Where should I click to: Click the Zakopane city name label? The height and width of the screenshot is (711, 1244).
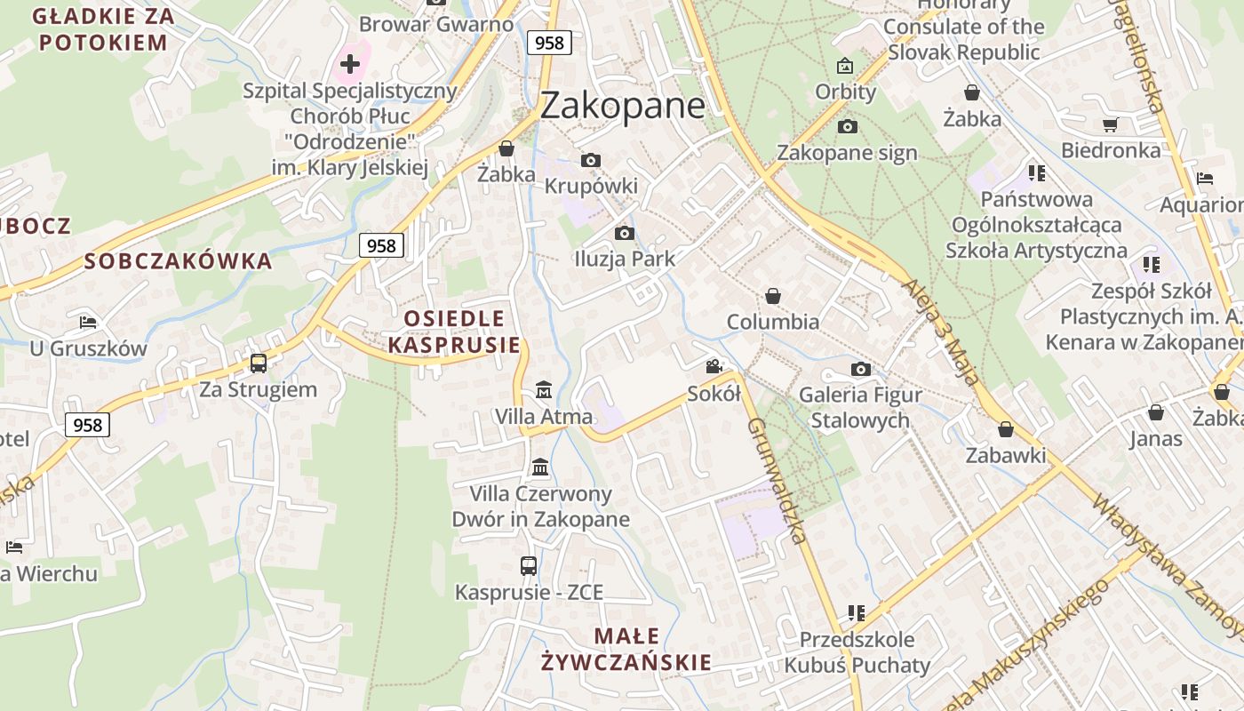[x=622, y=105]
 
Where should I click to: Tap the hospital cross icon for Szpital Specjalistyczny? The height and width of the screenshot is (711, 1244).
[x=350, y=64]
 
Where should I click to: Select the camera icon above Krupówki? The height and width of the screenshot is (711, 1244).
[x=590, y=161]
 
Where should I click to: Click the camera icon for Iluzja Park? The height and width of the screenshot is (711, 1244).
[x=625, y=234]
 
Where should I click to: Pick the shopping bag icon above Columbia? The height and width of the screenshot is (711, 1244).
[x=773, y=296]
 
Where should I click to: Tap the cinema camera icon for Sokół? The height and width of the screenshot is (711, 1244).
[x=714, y=367]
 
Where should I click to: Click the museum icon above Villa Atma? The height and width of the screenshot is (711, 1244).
[x=543, y=390]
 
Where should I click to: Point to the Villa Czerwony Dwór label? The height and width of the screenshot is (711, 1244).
[x=540, y=507]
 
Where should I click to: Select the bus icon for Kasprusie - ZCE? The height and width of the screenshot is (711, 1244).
[x=529, y=566]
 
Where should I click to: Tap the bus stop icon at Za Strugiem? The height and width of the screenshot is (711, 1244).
[x=258, y=363]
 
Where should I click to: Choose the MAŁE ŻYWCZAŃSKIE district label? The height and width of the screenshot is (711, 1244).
[x=626, y=649]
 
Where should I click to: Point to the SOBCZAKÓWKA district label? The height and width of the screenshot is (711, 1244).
[x=178, y=261]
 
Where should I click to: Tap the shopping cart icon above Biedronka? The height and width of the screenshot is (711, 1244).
[x=1110, y=125]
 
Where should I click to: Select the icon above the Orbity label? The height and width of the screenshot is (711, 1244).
[x=845, y=66]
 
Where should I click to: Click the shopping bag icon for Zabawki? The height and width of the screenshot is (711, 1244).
[x=1006, y=430]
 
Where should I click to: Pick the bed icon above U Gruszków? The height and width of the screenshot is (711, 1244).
[x=88, y=322]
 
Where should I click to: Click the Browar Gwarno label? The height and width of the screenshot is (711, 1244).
[x=436, y=24]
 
